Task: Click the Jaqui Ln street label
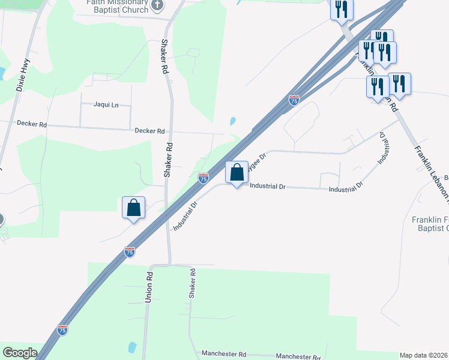pos(106,104)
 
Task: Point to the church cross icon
pos(157,6)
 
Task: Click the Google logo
pos(20,353)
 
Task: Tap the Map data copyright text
pos(424,355)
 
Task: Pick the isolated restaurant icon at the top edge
pos(342,9)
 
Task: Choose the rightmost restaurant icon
pos(399,82)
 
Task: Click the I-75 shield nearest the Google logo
pos(62,329)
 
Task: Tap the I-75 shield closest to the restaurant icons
pos(294,100)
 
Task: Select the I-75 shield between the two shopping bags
pos(203,178)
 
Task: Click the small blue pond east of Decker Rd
pos(232,121)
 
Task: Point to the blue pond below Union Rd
pos(132,347)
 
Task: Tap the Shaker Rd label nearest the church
pos(164,56)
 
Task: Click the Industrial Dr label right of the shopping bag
pos(267,187)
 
